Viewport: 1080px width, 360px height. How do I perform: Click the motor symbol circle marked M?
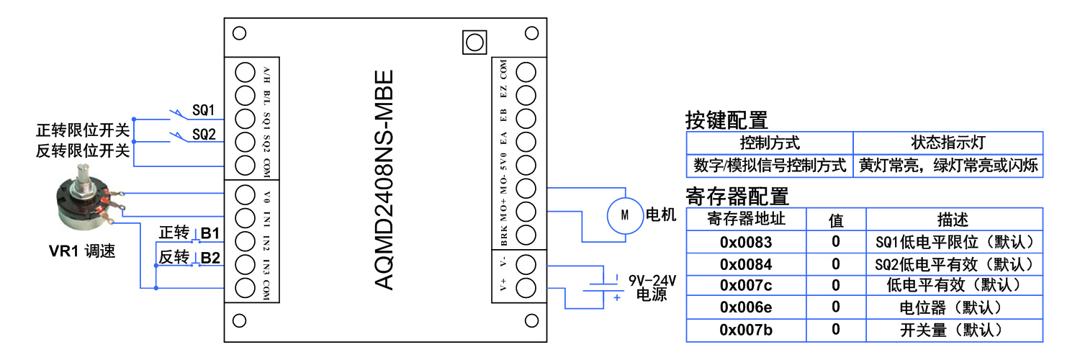click(x=624, y=215)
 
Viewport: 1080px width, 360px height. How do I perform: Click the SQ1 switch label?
click(x=204, y=110)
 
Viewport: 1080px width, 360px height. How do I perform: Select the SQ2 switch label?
click(x=204, y=135)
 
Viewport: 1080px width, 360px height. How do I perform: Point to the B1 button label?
click(x=210, y=233)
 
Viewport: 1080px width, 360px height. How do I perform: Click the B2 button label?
click(x=210, y=257)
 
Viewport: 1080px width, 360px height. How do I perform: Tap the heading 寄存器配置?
click(x=737, y=197)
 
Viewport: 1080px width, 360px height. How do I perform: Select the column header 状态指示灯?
click(x=948, y=143)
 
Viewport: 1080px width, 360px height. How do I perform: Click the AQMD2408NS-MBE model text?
click(x=385, y=180)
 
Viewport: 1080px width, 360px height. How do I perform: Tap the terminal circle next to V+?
click(x=526, y=287)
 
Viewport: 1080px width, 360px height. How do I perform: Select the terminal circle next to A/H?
click(x=245, y=72)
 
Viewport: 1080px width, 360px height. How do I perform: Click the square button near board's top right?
click(x=473, y=42)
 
